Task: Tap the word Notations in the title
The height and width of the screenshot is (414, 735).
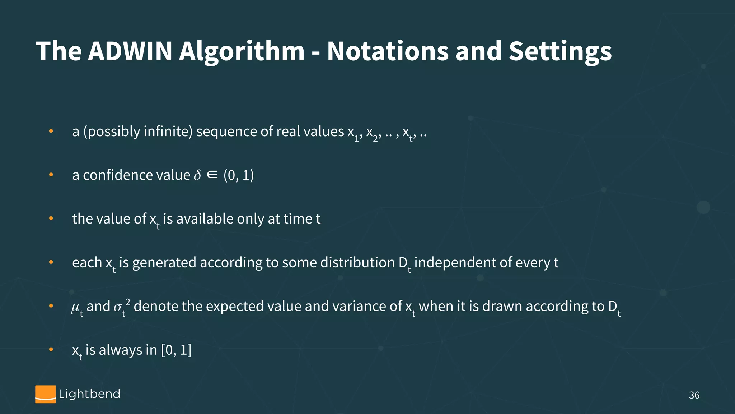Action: [x=388, y=51]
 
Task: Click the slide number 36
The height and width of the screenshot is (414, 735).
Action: [x=694, y=395]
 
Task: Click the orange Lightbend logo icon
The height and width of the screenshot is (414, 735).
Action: [x=46, y=394]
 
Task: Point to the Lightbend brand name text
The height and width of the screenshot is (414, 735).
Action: [x=89, y=394]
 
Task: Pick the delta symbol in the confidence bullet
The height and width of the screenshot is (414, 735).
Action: [x=197, y=175]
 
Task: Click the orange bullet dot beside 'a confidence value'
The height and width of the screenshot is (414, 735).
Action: [x=51, y=175]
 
